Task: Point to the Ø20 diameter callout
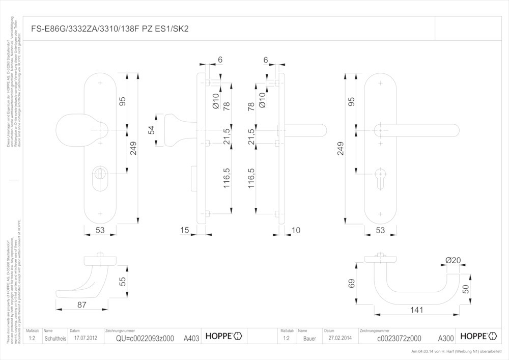(x=453, y=260)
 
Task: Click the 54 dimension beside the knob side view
(x=151, y=130)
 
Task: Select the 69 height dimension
(x=351, y=284)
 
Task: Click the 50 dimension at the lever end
(x=466, y=289)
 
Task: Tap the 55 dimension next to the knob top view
(x=122, y=281)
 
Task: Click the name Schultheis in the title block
(x=54, y=339)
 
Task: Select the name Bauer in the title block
(x=309, y=339)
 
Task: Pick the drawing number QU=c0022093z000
(x=145, y=339)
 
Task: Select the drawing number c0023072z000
(x=399, y=339)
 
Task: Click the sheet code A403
(x=191, y=338)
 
